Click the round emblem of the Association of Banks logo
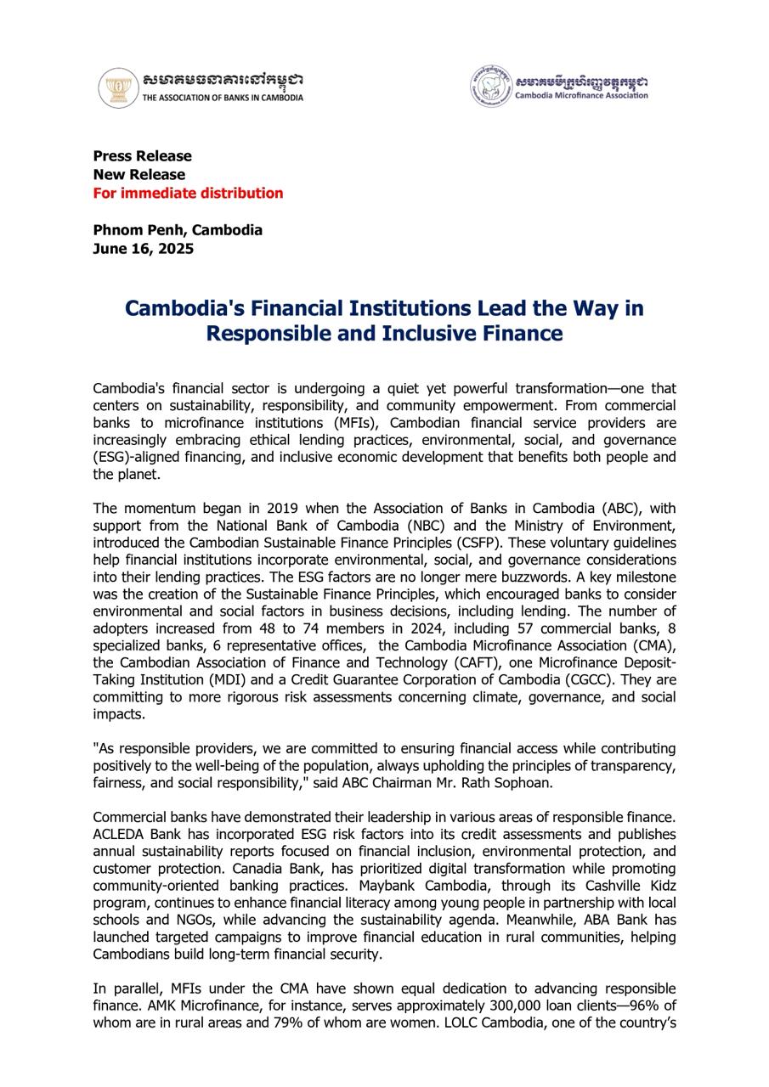pos(118,88)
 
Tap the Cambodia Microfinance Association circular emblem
pos(491,86)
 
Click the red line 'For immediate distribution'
pos(188,193)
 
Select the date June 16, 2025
pos(143,249)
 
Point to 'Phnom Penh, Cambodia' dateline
pos(178,230)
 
